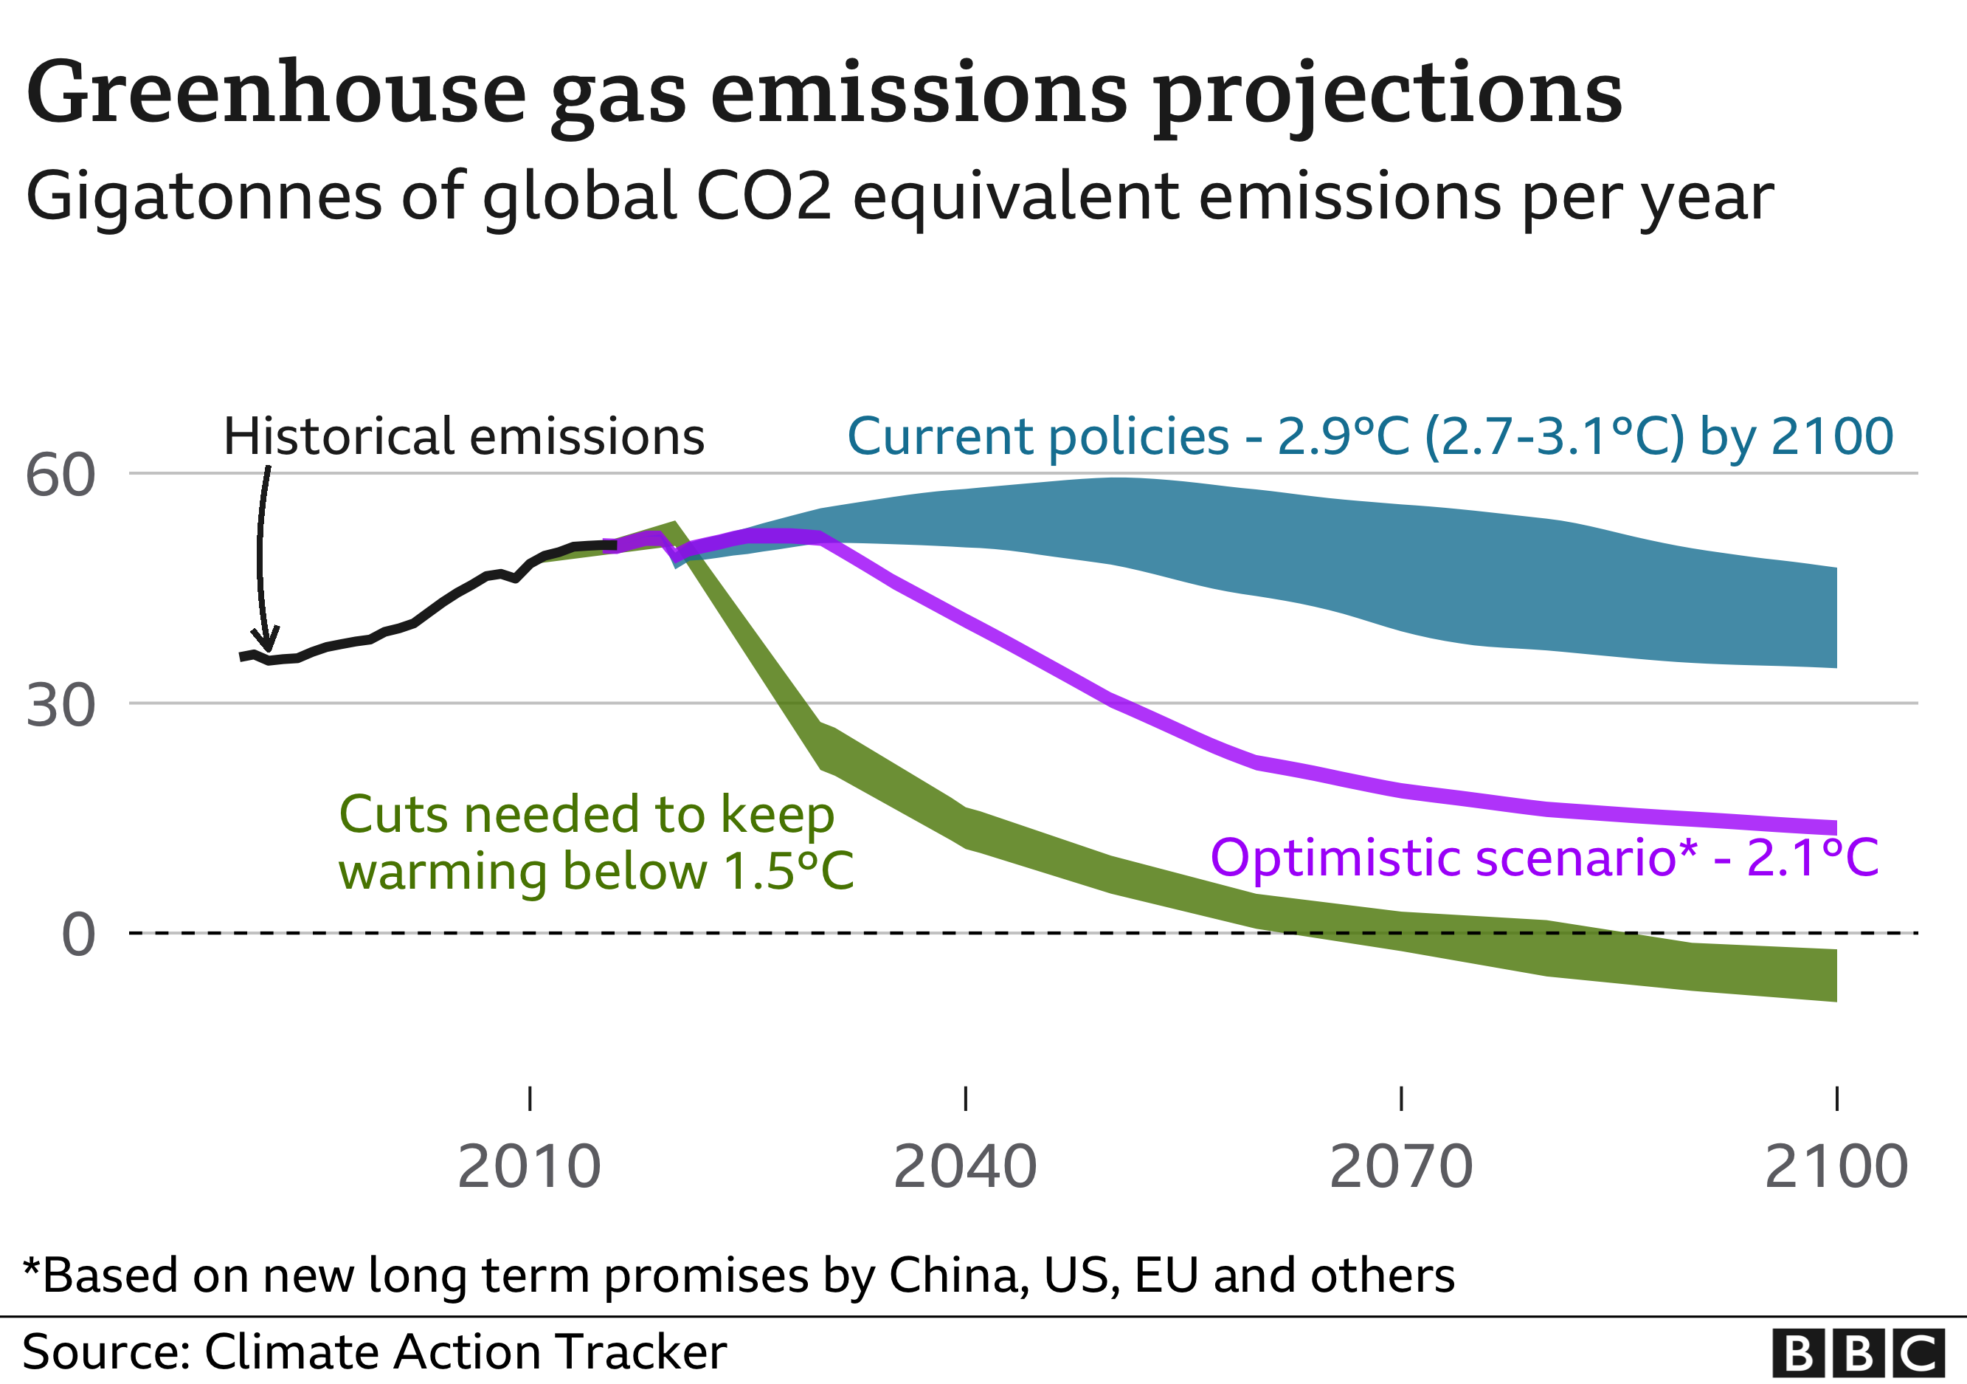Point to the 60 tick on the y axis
pos(60,475)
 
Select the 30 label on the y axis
pos(60,706)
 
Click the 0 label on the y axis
pos(79,934)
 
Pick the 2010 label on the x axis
pos(530,1167)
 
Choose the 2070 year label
pos(1400,1167)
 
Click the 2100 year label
pos(1836,1167)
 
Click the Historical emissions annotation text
pos(463,437)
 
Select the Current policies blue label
pos(1369,437)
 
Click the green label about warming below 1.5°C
pos(595,843)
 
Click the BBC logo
pos(1857,1353)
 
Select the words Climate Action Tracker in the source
pos(466,1353)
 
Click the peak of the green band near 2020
pos(674,526)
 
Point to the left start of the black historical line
pos(243,657)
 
